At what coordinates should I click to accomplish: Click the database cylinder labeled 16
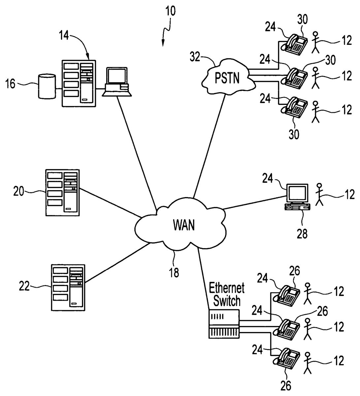pos(47,86)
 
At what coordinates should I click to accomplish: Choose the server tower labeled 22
pos(68,287)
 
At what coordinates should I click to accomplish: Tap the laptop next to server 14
pos(116,82)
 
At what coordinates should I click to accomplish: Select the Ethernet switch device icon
pos(224,324)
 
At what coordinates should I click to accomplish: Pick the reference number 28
pos(302,234)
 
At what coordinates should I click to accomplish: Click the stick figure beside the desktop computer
pos(319,194)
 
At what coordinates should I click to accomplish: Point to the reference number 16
pos(11,84)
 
